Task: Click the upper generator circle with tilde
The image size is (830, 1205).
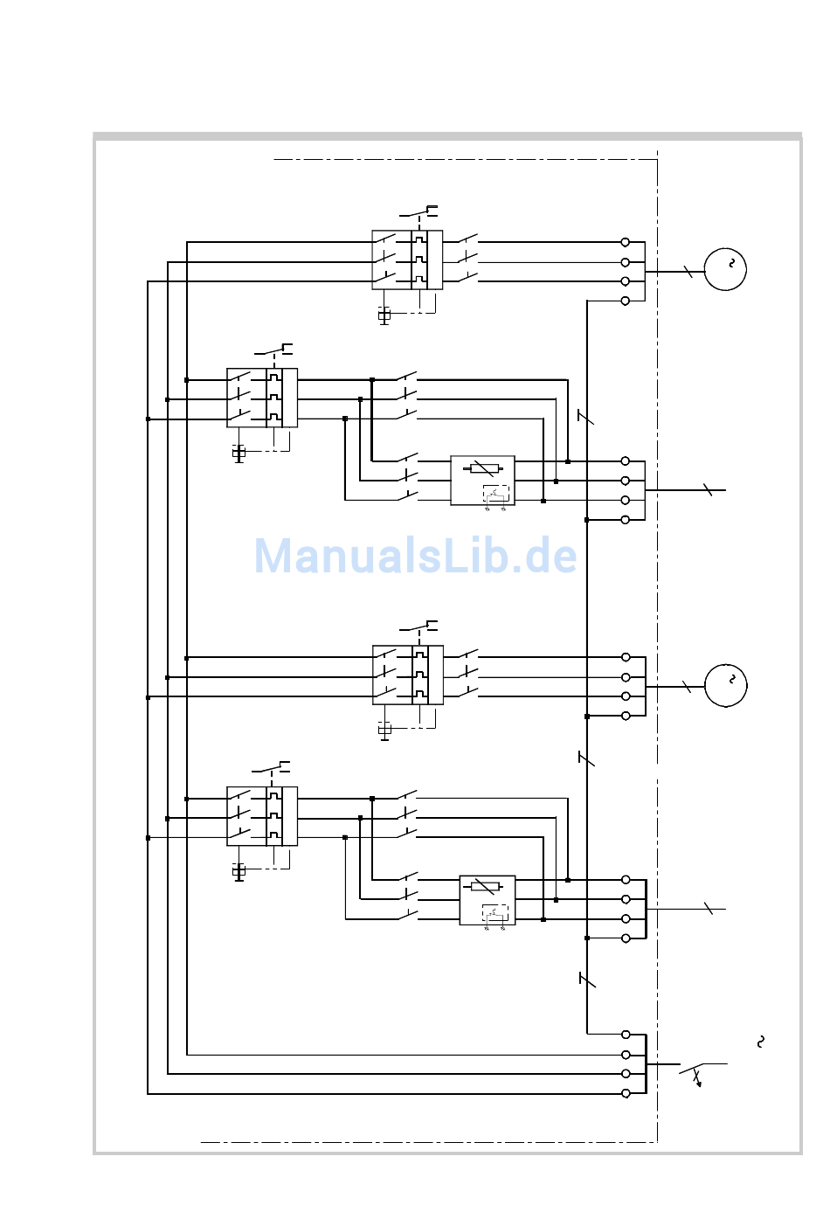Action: (x=725, y=269)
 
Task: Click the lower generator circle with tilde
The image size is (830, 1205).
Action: (x=725, y=685)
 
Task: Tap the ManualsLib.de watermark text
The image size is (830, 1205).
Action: (x=416, y=557)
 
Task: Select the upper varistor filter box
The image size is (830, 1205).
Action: (x=482, y=480)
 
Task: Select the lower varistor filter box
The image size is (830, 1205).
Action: (x=488, y=899)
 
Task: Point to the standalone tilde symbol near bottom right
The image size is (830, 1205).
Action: (x=761, y=1041)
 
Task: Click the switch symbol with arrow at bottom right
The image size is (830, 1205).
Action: (x=695, y=1072)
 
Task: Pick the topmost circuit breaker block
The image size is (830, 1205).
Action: (x=407, y=260)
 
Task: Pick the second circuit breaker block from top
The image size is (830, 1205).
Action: (x=262, y=398)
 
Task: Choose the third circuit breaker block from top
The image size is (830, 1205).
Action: (x=408, y=675)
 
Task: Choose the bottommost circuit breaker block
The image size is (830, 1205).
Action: (x=262, y=816)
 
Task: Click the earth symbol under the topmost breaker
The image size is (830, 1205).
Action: (x=384, y=315)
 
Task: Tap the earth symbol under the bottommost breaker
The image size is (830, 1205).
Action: (x=239, y=872)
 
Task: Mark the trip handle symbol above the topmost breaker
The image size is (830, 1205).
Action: (x=419, y=211)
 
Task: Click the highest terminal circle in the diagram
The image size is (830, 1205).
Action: (x=626, y=242)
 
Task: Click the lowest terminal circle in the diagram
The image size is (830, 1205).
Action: (x=626, y=1093)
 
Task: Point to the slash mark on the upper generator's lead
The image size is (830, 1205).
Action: (x=688, y=272)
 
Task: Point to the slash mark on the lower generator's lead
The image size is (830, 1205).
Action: (x=687, y=688)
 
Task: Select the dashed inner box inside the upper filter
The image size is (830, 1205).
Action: (x=496, y=494)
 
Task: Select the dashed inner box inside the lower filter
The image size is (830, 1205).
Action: (x=495, y=913)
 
